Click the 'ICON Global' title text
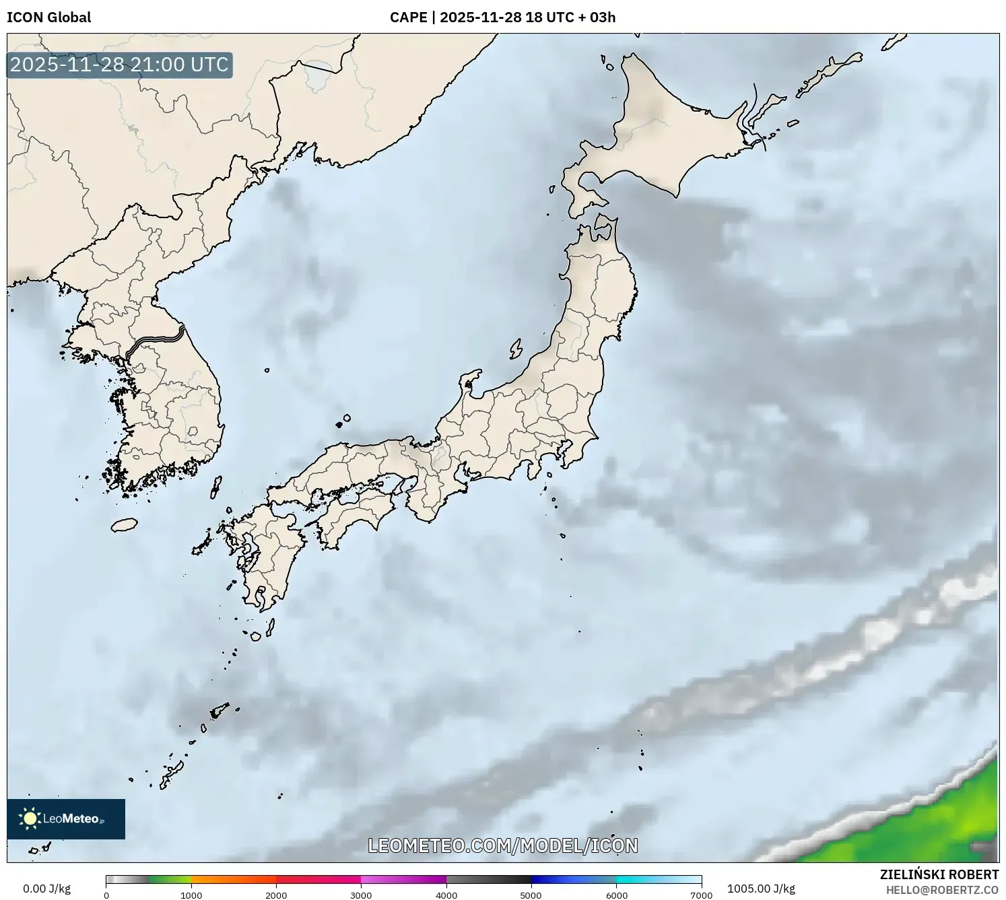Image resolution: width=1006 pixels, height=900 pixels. (x=48, y=18)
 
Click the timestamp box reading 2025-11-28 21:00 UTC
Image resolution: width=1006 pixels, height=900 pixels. (x=119, y=65)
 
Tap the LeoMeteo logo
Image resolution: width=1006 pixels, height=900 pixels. (x=66, y=819)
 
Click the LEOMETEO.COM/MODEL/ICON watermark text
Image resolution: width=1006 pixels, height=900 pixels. (x=502, y=845)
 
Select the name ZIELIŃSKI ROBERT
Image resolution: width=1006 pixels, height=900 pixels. (x=939, y=874)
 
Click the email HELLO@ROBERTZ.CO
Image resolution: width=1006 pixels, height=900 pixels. (x=942, y=890)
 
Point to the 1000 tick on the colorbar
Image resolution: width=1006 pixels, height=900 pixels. (x=191, y=895)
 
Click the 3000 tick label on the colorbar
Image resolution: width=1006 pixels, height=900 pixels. (x=361, y=895)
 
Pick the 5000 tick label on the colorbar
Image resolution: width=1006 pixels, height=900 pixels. (x=531, y=895)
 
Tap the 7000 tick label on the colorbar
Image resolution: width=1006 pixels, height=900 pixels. (x=701, y=895)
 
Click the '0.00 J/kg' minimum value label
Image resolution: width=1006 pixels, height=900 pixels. (x=46, y=889)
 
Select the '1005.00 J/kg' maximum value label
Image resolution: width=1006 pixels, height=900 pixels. (x=761, y=889)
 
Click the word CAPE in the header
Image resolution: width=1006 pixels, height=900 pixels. (x=408, y=18)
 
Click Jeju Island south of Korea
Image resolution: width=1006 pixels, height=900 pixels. (x=124, y=524)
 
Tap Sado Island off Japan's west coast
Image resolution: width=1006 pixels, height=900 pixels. (x=516, y=349)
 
